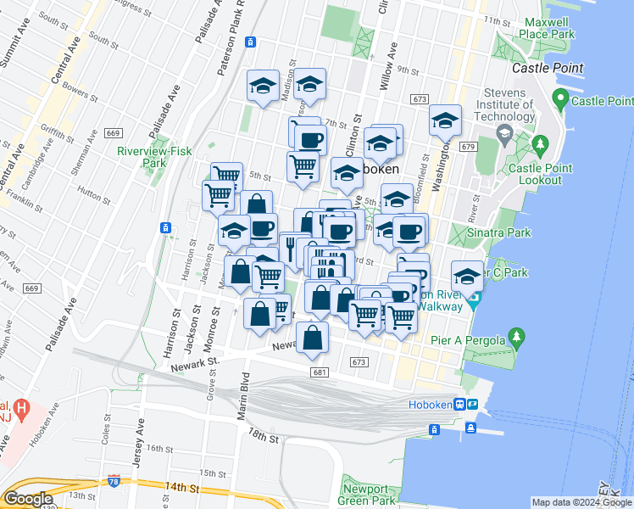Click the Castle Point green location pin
[x=559, y=100]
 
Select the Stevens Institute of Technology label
[x=513, y=106]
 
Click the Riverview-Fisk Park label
[x=142, y=157]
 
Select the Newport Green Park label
[x=369, y=495]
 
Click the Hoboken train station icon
[x=459, y=405]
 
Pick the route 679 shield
[x=467, y=147]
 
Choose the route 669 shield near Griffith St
[x=113, y=133]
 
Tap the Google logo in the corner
[x=28, y=499]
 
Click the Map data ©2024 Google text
[x=581, y=502]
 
